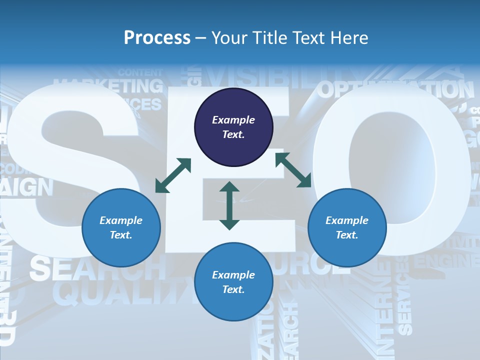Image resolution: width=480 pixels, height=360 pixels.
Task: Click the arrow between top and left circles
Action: click(173, 175)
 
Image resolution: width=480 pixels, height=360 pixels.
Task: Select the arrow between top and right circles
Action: click(293, 170)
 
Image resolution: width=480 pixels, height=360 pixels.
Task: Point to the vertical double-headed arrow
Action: click(229, 205)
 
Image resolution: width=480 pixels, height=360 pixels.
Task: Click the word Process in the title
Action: click(157, 37)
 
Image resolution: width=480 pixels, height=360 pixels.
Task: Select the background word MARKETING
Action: click(108, 86)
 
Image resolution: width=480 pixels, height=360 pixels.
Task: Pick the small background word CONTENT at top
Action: click(140, 72)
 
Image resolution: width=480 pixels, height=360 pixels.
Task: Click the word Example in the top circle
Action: click(233, 120)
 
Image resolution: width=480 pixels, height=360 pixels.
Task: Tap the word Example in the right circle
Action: click(347, 220)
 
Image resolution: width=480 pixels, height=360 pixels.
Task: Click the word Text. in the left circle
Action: click(121, 235)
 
